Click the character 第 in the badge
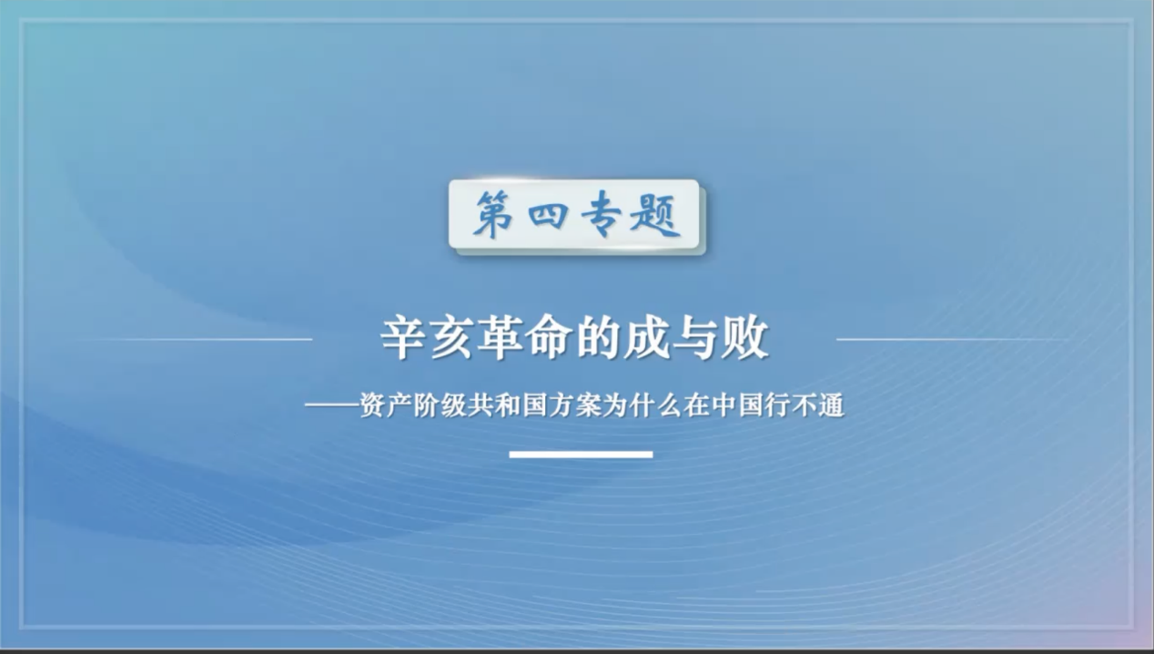click(492, 214)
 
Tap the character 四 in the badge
click(548, 215)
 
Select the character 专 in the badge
click(601, 214)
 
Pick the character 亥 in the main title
click(451, 339)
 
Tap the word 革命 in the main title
click(524, 339)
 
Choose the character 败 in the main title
click(744, 339)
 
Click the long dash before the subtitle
click(332, 405)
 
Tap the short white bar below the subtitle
click(582, 455)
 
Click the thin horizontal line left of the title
click(195, 340)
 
